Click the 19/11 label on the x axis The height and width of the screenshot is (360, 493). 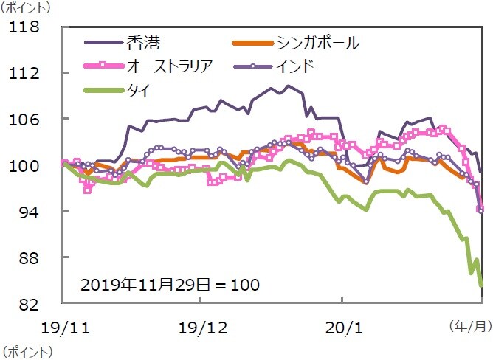click(62, 327)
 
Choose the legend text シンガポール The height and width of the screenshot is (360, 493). click(317, 42)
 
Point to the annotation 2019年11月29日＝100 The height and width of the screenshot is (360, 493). click(170, 283)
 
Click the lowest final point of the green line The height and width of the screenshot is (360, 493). click(481, 284)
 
